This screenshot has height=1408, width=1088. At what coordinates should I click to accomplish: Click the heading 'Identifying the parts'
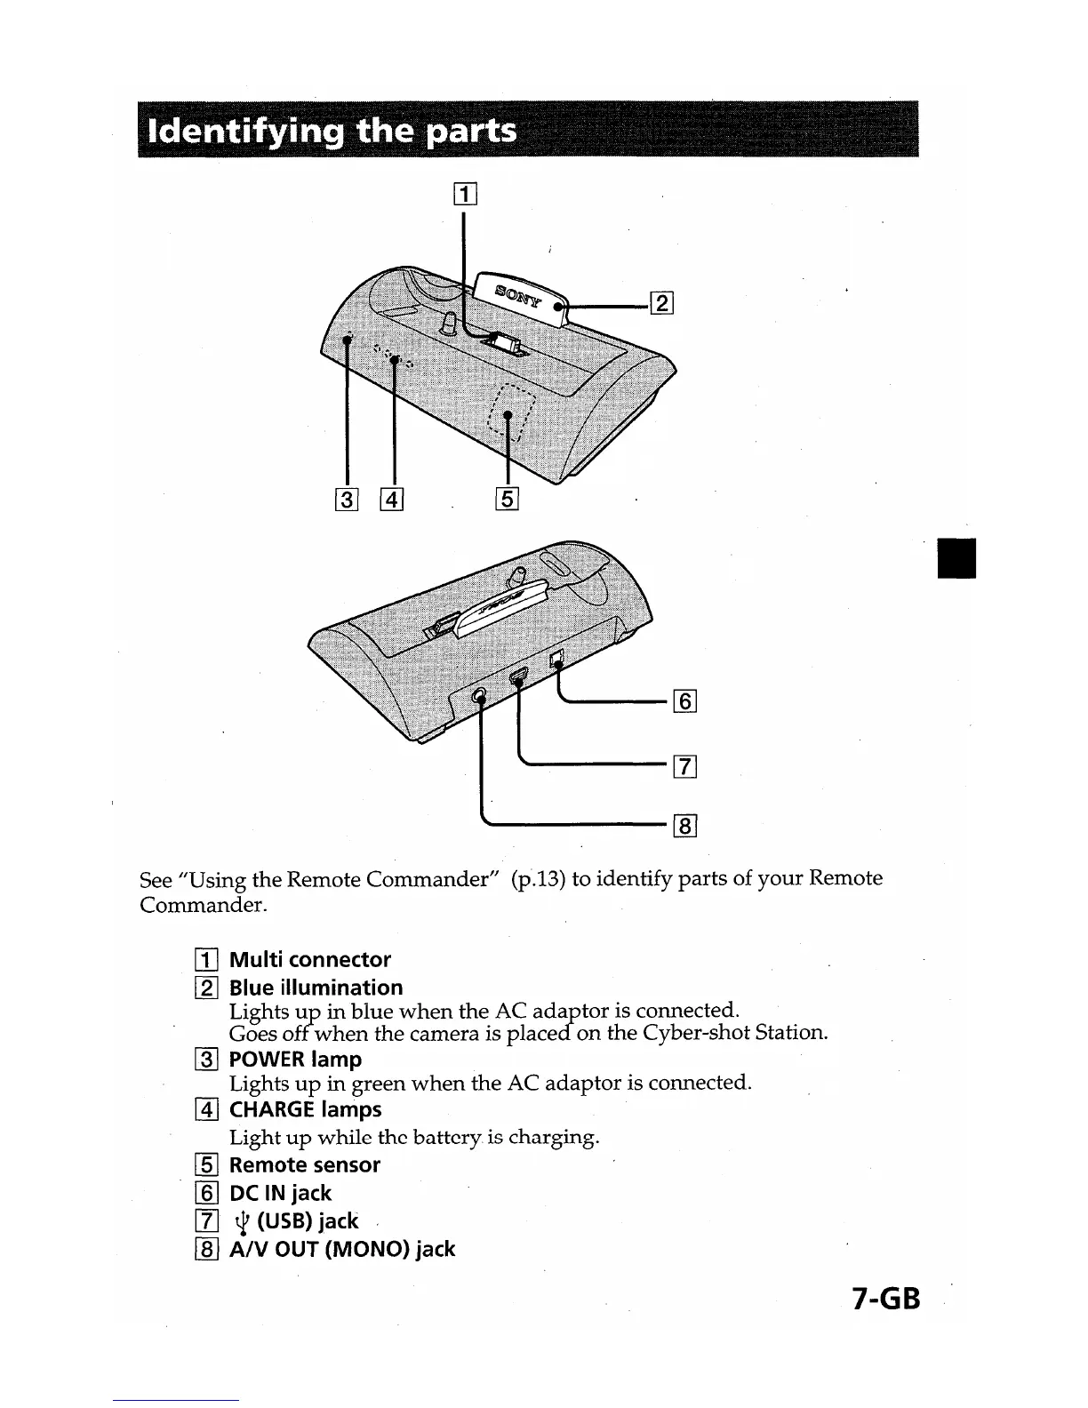point(334,132)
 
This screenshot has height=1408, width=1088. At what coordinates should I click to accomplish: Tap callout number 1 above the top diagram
point(465,193)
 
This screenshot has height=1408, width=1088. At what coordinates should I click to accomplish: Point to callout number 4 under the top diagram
point(392,500)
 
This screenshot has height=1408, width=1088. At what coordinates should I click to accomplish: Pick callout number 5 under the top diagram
point(506,499)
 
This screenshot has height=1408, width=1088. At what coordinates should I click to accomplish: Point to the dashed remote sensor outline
point(511,410)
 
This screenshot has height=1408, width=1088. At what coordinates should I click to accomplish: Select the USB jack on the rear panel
point(519,678)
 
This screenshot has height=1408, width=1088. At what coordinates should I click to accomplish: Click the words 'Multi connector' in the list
point(310,960)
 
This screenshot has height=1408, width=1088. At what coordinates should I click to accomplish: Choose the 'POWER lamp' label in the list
point(295,1060)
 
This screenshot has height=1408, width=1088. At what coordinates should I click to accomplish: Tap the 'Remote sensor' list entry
point(305,1165)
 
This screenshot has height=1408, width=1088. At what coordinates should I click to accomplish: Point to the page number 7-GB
point(884,1300)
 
